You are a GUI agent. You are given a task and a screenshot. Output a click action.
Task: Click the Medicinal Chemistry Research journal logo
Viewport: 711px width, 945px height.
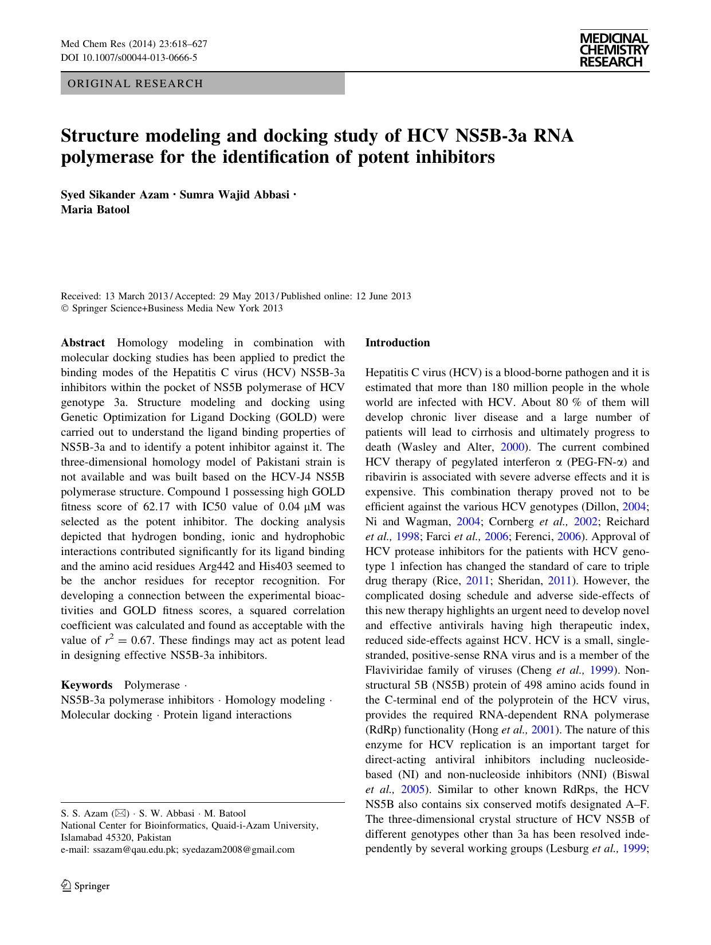tap(614, 50)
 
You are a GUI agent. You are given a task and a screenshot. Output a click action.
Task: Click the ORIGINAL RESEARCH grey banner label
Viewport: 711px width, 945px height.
tap(135, 84)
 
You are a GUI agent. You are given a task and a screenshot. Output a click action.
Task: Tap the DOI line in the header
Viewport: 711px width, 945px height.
tap(129, 57)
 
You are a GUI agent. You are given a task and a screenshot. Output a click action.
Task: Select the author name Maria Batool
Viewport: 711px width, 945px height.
tap(95, 209)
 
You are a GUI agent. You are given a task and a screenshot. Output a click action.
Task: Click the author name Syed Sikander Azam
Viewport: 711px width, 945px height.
tap(115, 194)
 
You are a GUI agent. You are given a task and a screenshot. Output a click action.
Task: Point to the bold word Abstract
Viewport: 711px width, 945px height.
tap(83, 343)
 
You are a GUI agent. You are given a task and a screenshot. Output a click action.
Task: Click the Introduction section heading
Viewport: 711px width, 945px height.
tap(398, 343)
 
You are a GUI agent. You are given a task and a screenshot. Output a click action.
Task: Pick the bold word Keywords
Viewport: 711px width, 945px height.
tap(87, 685)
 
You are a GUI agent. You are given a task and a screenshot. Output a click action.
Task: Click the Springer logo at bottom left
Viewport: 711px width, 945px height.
tap(85, 886)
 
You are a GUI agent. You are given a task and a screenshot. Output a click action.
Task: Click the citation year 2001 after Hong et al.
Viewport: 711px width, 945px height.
tap(542, 730)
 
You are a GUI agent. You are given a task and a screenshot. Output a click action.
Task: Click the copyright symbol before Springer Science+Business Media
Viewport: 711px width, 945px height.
tap(64, 309)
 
